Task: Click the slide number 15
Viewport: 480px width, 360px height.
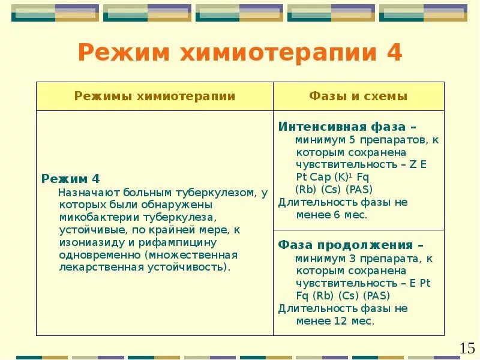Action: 467,347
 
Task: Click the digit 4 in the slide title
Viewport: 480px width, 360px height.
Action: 394,53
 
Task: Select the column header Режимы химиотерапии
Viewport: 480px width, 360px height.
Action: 155,96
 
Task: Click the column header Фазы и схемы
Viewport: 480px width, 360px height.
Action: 358,96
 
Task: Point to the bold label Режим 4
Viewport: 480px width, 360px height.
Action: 70,179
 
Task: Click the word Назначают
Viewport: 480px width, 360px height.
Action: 89,192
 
